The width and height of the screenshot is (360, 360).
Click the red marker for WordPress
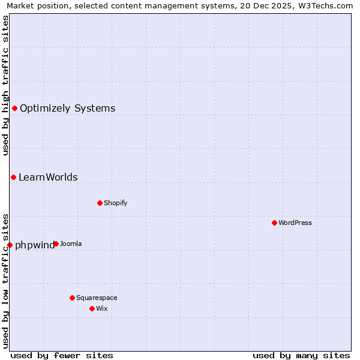coord(274,223)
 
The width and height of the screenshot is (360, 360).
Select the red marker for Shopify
coord(100,203)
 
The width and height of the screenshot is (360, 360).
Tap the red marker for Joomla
coord(56,244)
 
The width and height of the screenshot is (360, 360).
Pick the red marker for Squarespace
coord(72,298)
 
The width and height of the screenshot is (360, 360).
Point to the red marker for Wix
coord(92,308)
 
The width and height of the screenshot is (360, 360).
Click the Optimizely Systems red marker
coord(14,108)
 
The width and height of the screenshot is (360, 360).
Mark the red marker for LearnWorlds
coord(13,177)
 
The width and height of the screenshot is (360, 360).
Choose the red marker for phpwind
coord(10,245)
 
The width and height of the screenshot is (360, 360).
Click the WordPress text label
coord(295,223)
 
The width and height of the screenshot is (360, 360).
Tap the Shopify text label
coord(116,203)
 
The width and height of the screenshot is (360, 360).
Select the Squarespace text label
coord(97,298)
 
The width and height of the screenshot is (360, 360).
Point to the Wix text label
coord(102,308)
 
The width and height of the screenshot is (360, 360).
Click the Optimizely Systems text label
coord(68,109)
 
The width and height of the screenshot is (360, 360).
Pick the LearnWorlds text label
coord(48,178)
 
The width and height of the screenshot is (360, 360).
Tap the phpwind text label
coord(34,245)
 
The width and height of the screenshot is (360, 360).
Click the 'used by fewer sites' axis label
coord(62,355)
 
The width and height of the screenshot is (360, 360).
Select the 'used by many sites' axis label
coord(301,355)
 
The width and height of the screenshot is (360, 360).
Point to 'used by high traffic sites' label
coord(5,85)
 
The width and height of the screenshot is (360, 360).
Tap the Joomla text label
coord(71,244)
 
